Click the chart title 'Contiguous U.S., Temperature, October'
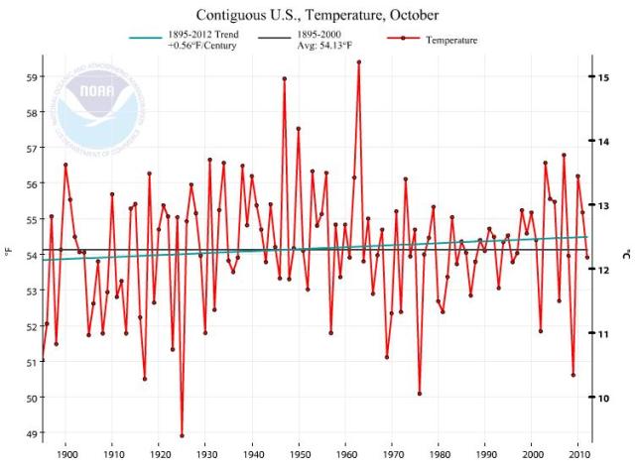317,16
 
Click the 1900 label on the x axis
67,455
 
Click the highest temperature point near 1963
358,61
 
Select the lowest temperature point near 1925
182,435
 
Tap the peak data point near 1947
285,78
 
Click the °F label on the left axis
8,255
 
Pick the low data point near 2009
573,375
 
